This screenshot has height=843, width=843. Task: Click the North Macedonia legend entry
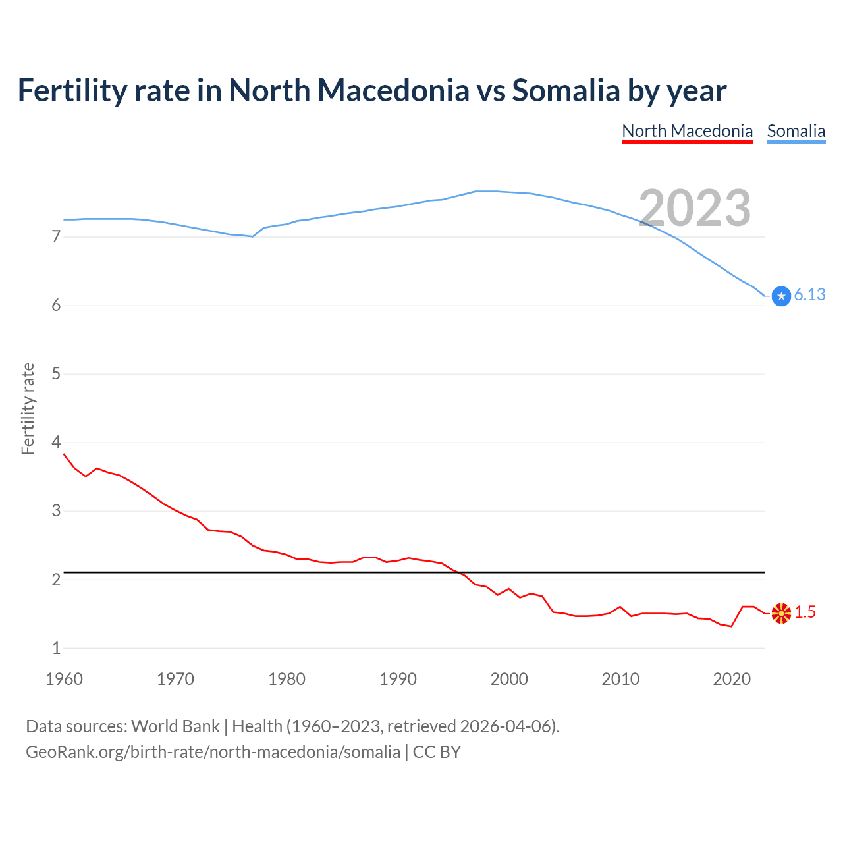[x=687, y=131]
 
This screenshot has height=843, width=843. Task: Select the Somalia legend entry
[x=796, y=131]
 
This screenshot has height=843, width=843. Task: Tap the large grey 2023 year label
[x=695, y=208]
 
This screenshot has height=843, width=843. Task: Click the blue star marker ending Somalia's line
[x=781, y=296]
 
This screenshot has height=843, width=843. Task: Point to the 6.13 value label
[x=809, y=295]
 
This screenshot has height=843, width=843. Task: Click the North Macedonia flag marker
[x=781, y=613]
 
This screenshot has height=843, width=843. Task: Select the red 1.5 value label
[x=805, y=612]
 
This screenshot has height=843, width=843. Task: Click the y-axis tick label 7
[x=56, y=236]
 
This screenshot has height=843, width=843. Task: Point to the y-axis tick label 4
[x=56, y=442]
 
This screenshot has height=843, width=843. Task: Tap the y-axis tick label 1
[x=56, y=648]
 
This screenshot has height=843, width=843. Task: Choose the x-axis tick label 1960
[x=64, y=679]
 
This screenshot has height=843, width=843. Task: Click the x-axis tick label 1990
[x=398, y=679]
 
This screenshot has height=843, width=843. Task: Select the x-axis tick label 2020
[x=732, y=679]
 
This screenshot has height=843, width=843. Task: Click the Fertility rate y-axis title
[x=28, y=408]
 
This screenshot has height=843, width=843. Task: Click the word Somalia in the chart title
[x=566, y=90]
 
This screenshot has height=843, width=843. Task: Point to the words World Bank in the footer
[x=175, y=726]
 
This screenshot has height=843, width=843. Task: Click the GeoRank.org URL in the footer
[x=213, y=752]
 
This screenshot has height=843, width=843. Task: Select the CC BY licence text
[x=437, y=752]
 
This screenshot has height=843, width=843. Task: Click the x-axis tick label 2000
[x=509, y=679]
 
